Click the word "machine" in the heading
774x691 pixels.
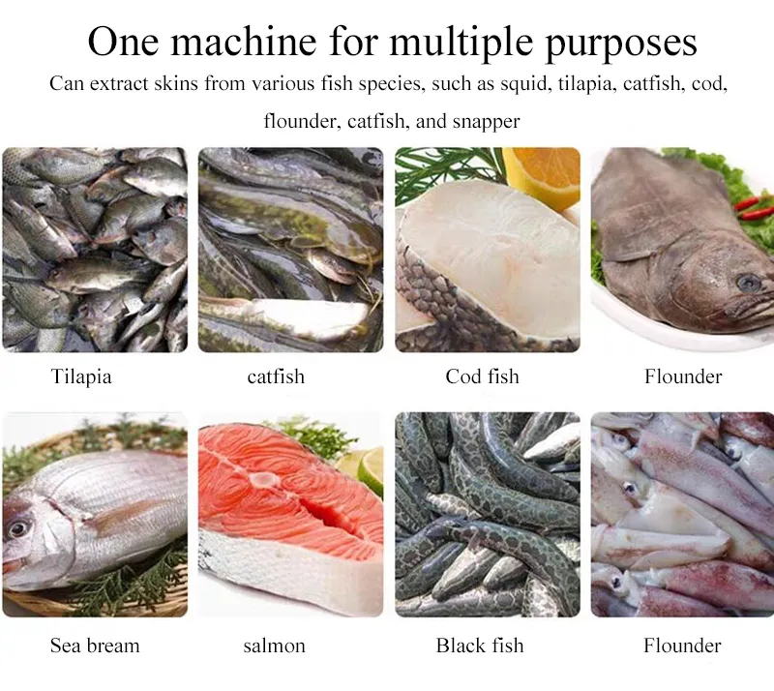tap(244, 42)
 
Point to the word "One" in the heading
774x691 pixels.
tap(124, 42)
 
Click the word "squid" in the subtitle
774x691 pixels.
tap(525, 84)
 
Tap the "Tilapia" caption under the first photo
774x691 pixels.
tap(81, 376)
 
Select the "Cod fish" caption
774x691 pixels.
tap(482, 376)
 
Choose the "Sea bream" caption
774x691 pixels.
tap(95, 646)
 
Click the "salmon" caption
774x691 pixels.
tap(275, 646)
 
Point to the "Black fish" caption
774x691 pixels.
tap(480, 646)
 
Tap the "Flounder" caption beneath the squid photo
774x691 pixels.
tap(682, 646)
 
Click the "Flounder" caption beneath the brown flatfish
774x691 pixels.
tap(683, 376)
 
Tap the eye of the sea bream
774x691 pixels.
tap(17, 528)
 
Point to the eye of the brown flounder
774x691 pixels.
tap(749, 283)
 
